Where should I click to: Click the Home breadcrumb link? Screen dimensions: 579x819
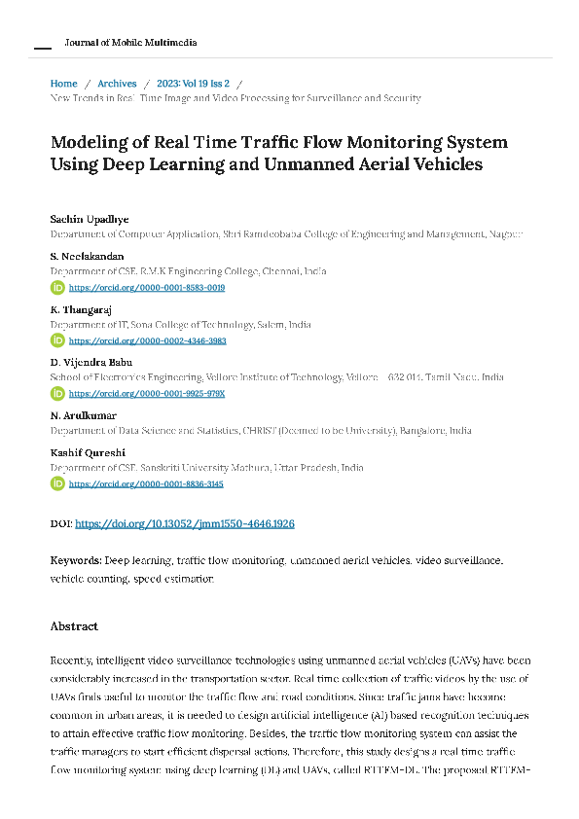[x=63, y=84]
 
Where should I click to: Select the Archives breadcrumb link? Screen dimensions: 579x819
[x=117, y=84]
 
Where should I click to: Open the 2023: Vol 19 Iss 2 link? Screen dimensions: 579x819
[x=193, y=84]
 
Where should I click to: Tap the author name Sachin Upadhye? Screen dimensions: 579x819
[x=89, y=220]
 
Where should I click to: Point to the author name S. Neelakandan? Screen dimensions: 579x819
[x=87, y=256]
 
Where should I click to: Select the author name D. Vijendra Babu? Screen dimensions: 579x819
[x=97, y=362]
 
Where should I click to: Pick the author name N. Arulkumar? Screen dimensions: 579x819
[x=83, y=415]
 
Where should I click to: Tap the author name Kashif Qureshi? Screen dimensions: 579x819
[x=88, y=452]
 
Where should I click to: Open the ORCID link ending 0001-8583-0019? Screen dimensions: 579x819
[x=147, y=288]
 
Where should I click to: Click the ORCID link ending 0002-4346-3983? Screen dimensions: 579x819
[x=147, y=341]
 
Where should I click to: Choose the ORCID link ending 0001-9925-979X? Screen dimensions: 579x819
[x=147, y=394]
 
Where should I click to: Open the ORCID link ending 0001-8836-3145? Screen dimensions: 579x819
[x=147, y=483]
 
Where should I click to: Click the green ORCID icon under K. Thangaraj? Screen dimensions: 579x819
[x=57, y=341]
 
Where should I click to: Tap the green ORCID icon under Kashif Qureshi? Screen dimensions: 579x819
[x=57, y=483]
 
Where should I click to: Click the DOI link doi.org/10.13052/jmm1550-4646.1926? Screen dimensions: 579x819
[x=185, y=523]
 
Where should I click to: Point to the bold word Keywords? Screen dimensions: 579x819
[x=76, y=561]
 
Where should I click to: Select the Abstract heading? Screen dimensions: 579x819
[x=74, y=626]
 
